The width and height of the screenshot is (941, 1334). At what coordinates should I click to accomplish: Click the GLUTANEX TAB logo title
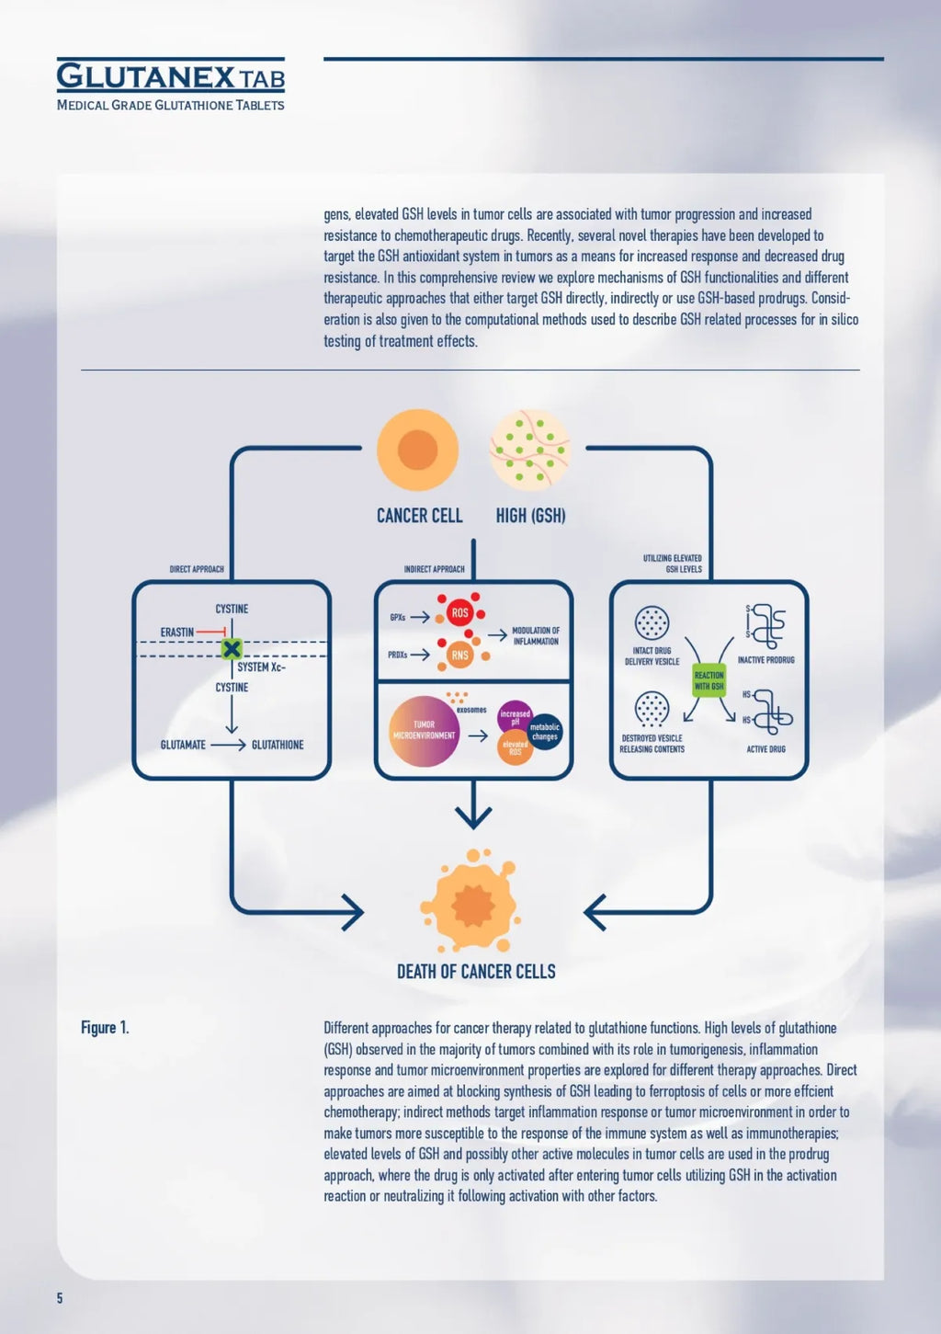pos(170,76)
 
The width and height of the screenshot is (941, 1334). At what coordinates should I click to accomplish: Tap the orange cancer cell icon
pos(417,450)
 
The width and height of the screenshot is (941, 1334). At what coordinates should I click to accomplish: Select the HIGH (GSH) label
pos(530,516)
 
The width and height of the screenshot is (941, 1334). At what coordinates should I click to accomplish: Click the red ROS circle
pos(459,612)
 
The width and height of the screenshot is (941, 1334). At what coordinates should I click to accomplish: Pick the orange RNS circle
pos(459,656)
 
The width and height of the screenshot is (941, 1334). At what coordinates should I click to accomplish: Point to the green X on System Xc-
pos(232,649)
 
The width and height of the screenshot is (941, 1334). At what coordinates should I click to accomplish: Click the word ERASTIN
pos(177,633)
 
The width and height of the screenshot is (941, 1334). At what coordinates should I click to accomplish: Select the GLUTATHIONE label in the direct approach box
pos(278,745)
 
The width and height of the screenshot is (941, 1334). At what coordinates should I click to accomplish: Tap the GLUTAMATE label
pos(183,745)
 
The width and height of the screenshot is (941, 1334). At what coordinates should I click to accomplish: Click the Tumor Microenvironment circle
pos(424,731)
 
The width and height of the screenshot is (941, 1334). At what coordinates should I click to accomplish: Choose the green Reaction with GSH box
pos(709,680)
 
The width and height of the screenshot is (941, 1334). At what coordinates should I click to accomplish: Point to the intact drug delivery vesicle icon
pos(652,622)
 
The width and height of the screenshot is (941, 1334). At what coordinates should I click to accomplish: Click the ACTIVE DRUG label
pos(765,749)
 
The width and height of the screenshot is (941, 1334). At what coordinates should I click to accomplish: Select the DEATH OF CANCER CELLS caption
pos(476,972)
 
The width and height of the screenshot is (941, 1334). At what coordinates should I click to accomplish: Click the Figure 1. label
pos(105,1028)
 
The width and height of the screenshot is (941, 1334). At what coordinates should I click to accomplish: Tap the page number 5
pos(60,1298)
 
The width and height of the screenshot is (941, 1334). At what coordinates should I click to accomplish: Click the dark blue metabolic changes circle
pos(545,732)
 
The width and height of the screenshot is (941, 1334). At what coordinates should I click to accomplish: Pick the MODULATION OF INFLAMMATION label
pos(536,636)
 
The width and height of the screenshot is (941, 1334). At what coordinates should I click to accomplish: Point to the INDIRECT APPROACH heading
pos(434,569)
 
